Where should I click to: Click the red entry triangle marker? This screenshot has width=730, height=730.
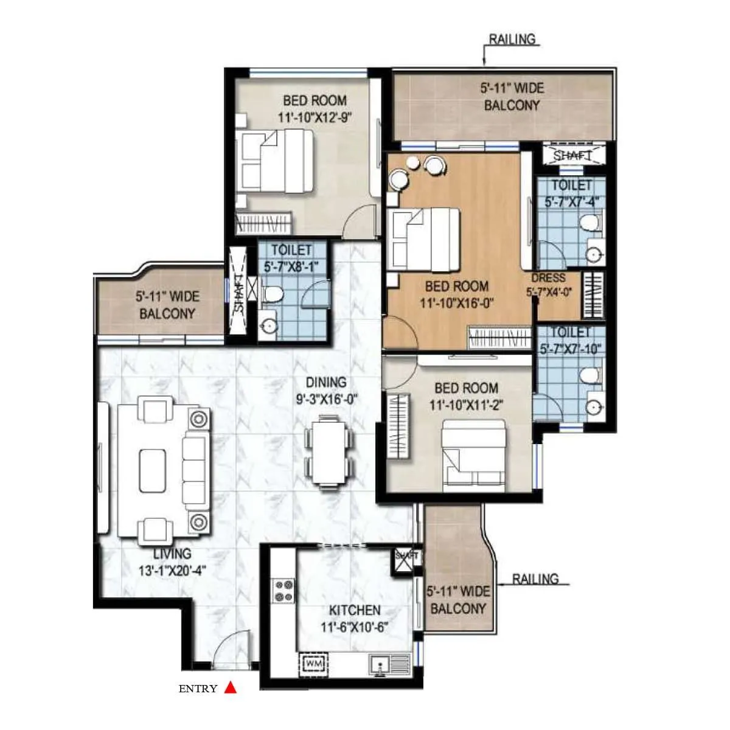pyautogui.click(x=230, y=687)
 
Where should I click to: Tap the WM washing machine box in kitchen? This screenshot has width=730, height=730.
pyautogui.click(x=313, y=662)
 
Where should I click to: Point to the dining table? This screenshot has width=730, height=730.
pyautogui.click(x=329, y=450)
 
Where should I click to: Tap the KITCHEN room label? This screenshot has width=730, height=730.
pyautogui.click(x=355, y=610)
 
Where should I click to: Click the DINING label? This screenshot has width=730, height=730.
pyautogui.click(x=326, y=382)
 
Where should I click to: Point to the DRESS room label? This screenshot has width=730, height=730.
pyautogui.click(x=549, y=277)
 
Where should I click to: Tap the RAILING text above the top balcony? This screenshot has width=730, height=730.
pyautogui.click(x=512, y=40)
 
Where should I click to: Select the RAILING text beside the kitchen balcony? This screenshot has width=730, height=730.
pyautogui.click(x=535, y=579)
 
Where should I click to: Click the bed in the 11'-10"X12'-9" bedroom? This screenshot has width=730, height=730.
pyautogui.click(x=277, y=162)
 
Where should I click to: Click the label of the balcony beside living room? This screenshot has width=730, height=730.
pyautogui.click(x=167, y=305)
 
